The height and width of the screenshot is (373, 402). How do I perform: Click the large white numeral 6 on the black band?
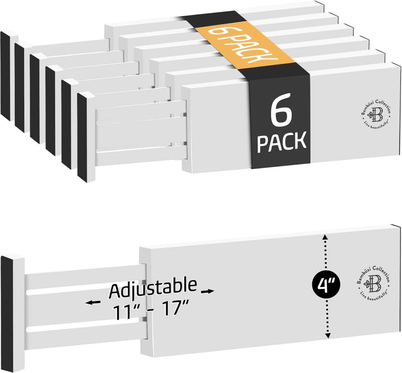281,110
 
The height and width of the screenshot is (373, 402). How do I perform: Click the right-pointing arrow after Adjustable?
208,291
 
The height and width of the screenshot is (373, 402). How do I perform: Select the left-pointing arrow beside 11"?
93,303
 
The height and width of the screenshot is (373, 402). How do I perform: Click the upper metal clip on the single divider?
144,282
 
